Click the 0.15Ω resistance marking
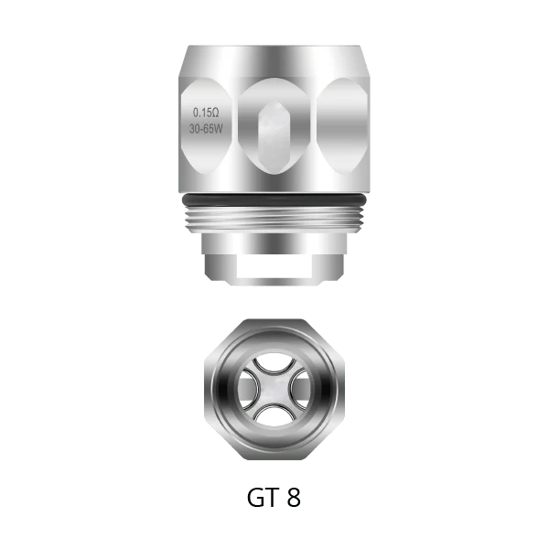tap(206, 113)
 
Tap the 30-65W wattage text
tap(206, 129)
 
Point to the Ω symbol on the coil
tap(215, 113)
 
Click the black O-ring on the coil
tap(274, 199)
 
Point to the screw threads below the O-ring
tap(274, 220)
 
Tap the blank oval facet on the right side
tap(342, 126)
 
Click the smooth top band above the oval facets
tap(274, 61)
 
